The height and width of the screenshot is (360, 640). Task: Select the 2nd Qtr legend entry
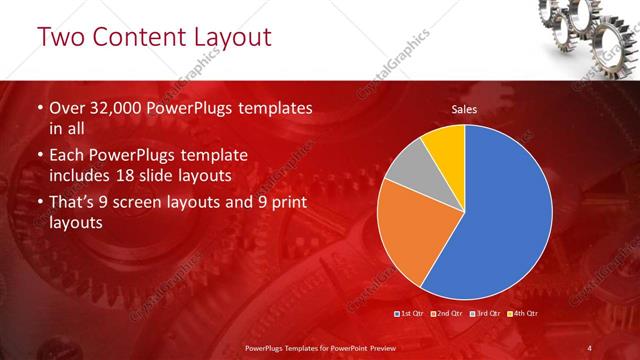tap(447, 314)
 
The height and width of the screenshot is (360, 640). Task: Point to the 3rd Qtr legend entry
tap(484, 314)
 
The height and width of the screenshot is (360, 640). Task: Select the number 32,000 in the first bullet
tap(121, 108)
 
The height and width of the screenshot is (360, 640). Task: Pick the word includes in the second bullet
tap(82, 177)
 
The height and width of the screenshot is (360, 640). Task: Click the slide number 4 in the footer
tap(590, 347)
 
